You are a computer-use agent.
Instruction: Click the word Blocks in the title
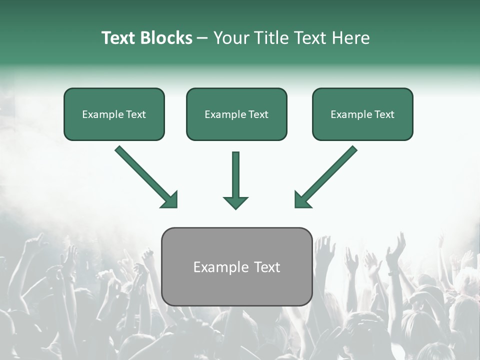click(166, 38)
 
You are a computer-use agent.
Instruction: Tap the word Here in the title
click(349, 38)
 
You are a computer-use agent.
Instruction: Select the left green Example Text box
click(114, 114)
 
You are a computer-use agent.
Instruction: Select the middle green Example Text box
click(236, 114)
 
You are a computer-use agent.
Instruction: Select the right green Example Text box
click(362, 114)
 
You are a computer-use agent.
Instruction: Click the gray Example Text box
click(236, 267)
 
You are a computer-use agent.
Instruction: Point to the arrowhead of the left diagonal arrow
click(169, 199)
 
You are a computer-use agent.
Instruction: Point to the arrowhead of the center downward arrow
click(235, 202)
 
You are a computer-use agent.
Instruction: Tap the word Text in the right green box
click(384, 114)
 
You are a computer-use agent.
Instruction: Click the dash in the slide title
click(202, 38)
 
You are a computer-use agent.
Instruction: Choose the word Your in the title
click(230, 38)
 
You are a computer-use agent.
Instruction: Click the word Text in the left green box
click(136, 114)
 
